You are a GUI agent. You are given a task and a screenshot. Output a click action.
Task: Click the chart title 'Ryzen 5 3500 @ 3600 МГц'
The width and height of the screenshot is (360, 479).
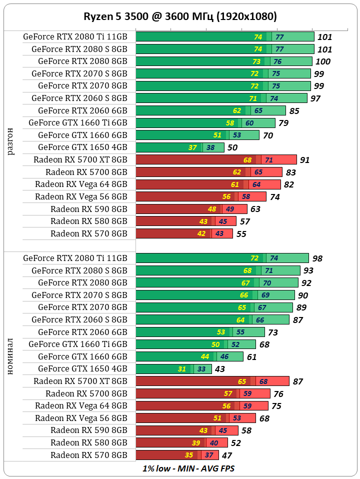180,16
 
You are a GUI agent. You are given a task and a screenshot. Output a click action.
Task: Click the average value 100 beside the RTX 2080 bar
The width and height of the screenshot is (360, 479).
323,61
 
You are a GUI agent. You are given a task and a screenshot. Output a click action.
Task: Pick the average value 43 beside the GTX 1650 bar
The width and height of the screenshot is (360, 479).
219,369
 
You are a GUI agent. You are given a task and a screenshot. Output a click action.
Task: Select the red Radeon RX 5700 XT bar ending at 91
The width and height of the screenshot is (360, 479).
216,159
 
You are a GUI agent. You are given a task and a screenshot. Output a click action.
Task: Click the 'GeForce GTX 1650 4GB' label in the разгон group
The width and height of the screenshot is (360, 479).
82,147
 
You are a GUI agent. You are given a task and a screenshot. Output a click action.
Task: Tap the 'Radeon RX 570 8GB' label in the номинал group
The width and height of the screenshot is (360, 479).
89,455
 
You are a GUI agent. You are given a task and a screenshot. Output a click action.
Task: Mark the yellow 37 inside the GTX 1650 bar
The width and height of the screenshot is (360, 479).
193,147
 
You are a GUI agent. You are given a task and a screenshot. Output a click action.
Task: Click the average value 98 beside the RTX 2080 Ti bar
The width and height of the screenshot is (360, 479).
317,258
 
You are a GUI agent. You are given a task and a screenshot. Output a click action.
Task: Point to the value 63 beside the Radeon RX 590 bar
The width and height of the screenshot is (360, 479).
255,209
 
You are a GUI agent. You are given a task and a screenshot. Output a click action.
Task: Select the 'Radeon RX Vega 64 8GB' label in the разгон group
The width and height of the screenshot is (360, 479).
81,184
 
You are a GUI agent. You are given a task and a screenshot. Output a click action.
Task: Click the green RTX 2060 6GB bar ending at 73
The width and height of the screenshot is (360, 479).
200,332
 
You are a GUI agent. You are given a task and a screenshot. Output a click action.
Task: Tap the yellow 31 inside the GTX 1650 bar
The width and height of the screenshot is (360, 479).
182,369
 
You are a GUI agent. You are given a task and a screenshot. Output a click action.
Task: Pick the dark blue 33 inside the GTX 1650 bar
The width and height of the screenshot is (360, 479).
201,369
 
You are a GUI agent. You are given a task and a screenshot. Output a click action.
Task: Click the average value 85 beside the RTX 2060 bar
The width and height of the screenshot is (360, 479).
294,110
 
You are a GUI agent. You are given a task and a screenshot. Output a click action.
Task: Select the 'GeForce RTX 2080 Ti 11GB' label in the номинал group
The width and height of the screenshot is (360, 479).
75,258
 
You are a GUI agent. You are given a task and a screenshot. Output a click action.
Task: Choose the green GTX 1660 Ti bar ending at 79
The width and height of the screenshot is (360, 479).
205,123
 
